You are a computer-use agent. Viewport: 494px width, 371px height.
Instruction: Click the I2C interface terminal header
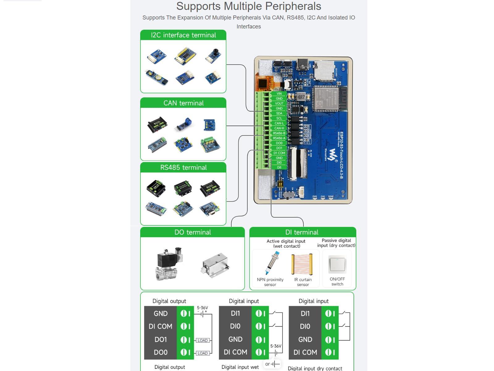[x=183, y=35]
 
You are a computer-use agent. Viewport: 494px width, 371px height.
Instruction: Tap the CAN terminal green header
[x=183, y=103]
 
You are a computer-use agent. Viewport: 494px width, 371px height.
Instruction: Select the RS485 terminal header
[x=183, y=168]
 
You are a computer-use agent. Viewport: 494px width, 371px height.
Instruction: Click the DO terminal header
[x=192, y=232]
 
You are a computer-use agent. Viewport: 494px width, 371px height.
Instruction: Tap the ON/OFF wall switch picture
[x=337, y=264]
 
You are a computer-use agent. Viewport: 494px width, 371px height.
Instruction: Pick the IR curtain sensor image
[x=302, y=264]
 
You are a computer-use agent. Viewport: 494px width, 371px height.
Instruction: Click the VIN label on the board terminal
[x=279, y=94]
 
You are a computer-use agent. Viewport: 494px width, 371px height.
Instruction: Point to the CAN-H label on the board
[x=279, y=128]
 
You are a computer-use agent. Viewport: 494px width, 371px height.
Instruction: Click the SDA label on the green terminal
[x=279, y=113]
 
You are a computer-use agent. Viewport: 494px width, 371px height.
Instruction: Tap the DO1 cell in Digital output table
[x=161, y=339]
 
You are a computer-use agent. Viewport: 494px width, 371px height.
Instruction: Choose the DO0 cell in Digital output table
[x=161, y=352]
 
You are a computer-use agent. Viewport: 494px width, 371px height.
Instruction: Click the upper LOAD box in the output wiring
[x=203, y=340]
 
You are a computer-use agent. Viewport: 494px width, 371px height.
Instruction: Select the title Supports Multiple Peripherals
[x=249, y=6]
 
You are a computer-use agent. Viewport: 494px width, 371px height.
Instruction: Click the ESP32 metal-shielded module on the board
[x=327, y=98]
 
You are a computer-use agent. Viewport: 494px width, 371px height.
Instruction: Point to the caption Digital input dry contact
[x=315, y=368]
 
